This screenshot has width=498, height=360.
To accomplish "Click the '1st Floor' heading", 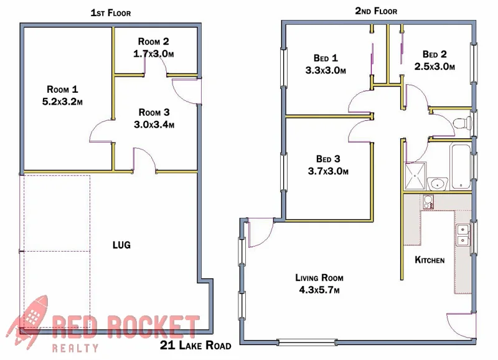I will [x=110, y=12].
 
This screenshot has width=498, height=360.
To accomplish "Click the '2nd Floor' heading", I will [x=376, y=11].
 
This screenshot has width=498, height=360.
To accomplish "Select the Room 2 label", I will [x=153, y=42].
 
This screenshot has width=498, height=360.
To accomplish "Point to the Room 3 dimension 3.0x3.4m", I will [x=154, y=124].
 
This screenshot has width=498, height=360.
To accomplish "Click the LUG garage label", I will [x=121, y=245].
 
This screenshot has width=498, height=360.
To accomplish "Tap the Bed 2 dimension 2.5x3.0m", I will [x=435, y=66].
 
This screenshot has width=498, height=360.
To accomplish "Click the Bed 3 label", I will [x=327, y=159].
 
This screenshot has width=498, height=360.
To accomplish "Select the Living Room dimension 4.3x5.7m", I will [x=319, y=290].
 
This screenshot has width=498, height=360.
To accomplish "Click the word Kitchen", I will [x=430, y=260].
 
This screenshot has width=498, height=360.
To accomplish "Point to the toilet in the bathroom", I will [x=461, y=122].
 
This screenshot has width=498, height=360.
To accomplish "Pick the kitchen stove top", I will [x=428, y=201].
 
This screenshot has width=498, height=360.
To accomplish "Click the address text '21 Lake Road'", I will [x=195, y=346].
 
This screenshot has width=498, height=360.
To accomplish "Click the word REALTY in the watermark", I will [x=75, y=348].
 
